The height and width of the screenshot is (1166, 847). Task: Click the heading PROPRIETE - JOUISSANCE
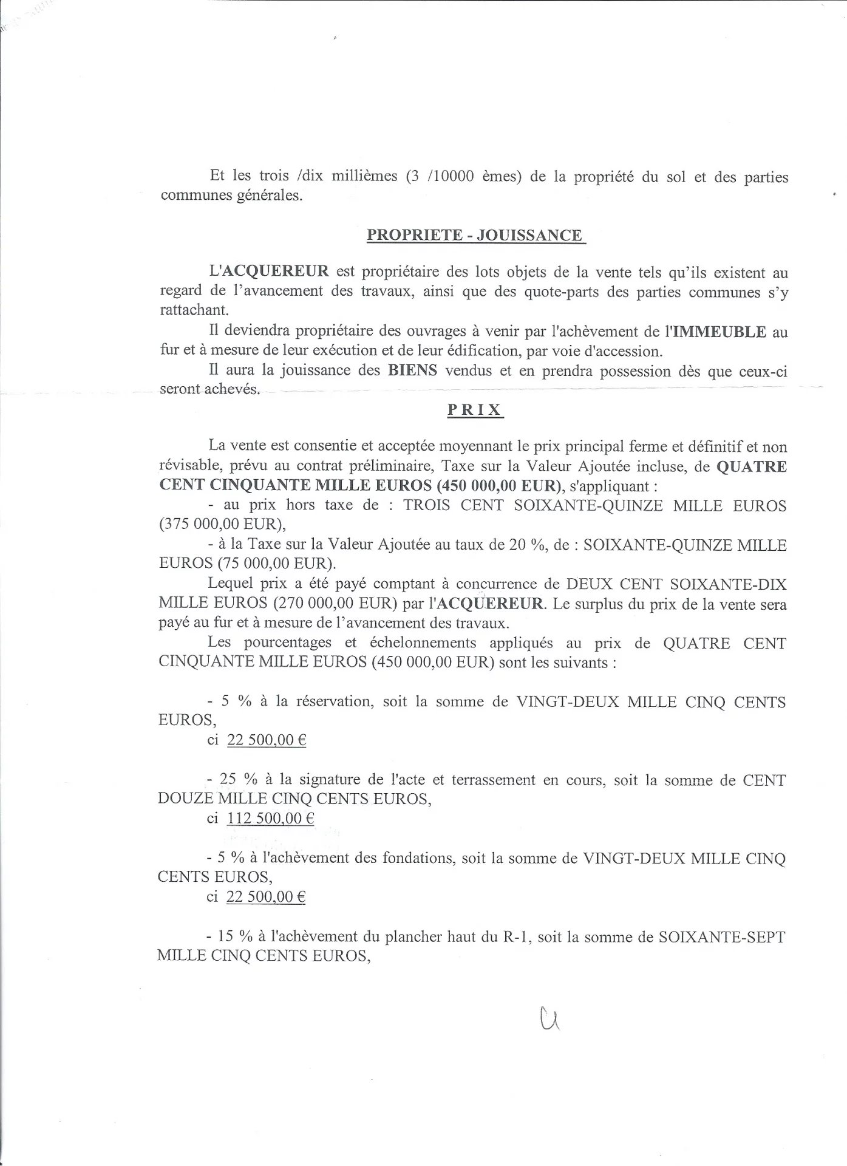pos(475,235)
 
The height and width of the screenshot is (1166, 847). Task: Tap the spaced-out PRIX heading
pos(475,410)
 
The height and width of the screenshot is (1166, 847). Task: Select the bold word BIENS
pos(412,370)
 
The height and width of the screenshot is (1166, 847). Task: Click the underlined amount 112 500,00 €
pos(270,818)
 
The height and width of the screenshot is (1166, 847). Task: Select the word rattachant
pos(194,310)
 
